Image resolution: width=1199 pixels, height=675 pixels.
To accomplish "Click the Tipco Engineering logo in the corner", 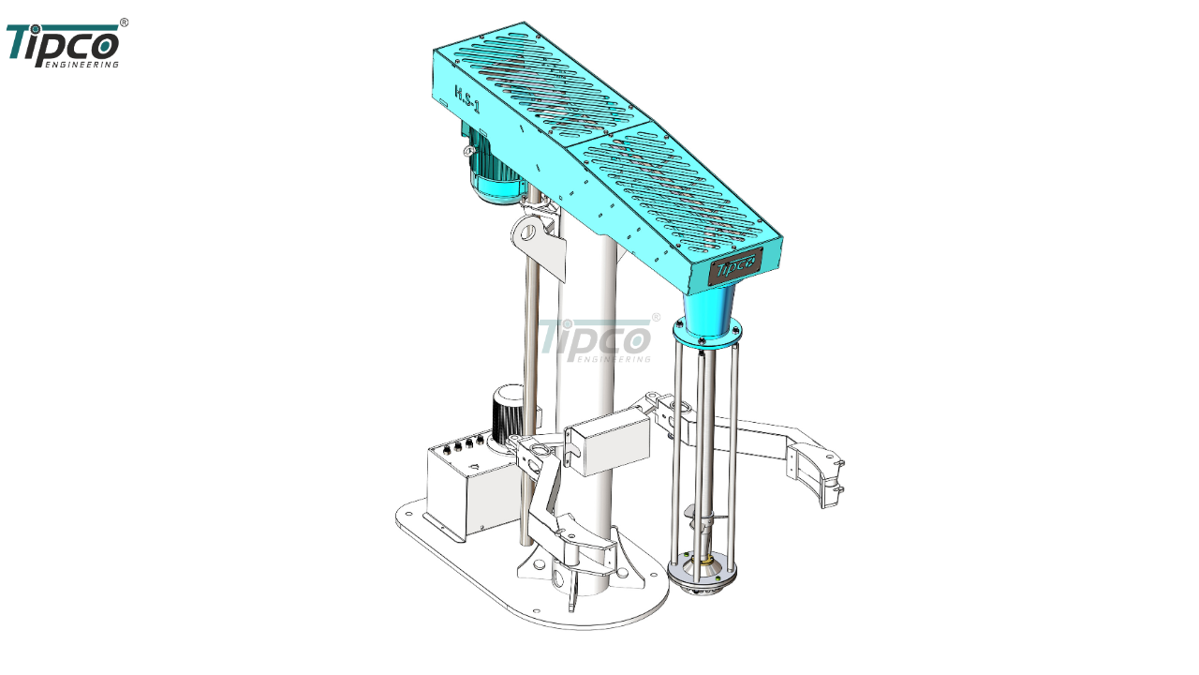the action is (65, 45).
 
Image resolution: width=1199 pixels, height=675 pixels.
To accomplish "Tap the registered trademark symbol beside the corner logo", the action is (124, 22).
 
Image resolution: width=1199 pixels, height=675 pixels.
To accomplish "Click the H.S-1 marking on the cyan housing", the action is (466, 99).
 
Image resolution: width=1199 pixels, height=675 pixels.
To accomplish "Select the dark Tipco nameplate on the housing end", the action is (736, 266).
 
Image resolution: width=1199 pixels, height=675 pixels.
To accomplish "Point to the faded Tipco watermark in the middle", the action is (599, 339).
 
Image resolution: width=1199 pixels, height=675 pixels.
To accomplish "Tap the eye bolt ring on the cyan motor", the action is (469, 151).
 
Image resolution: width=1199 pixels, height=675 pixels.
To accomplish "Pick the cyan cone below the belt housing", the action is (706, 311).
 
